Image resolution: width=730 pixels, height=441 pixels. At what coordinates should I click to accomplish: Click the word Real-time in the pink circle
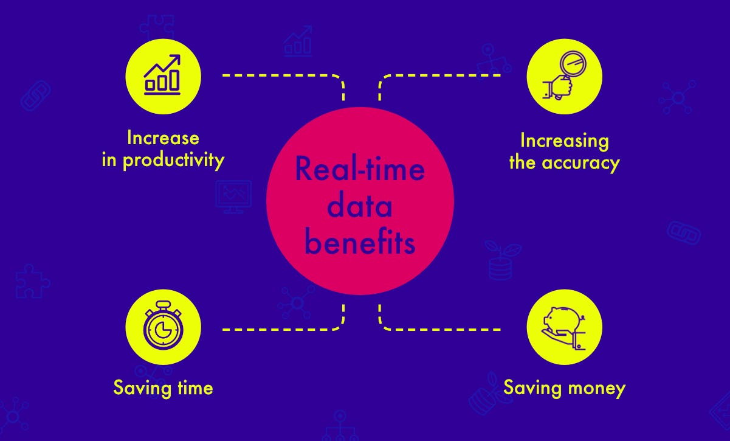360,169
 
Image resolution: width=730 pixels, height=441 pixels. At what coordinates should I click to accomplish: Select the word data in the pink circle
360,206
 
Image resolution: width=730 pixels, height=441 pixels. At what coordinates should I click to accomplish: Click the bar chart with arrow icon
162,75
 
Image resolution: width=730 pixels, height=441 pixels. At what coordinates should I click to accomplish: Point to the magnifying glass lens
573,63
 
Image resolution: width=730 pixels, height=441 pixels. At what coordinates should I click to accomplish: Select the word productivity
173,161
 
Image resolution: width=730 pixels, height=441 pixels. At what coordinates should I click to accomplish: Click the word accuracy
580,163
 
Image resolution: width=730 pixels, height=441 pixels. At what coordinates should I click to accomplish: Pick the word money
597,389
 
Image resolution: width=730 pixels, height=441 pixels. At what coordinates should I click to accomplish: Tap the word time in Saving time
195,388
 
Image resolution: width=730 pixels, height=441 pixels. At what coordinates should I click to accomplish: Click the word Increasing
565,142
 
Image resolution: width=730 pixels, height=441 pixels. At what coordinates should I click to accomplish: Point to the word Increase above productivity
163,137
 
